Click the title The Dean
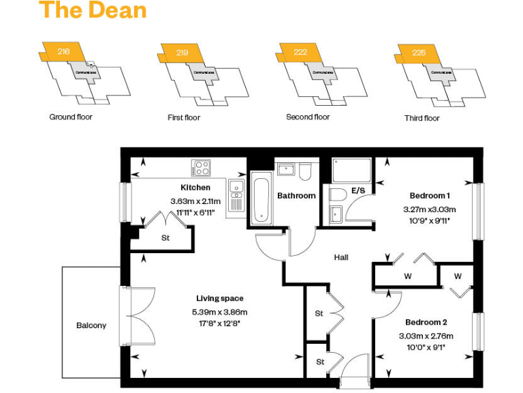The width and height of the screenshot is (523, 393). click(92, 11)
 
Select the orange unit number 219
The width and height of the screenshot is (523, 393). click(182, 53)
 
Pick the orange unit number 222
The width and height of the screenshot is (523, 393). click(300, 52)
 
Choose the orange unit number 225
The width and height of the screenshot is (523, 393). click(419, 53)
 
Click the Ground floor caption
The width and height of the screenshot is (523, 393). click(71, 117)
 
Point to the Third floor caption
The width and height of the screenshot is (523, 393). click(422, 118)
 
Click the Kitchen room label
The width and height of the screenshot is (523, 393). click(195, 188)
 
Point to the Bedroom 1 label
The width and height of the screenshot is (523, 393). click(430, 195)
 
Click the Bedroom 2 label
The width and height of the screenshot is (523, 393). click(426, 322)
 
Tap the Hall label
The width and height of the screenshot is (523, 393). click(341, 257)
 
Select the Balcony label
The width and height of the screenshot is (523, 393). click(91, 325)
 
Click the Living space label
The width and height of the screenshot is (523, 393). click(220, 298)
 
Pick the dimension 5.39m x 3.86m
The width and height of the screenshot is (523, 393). click(219, 312)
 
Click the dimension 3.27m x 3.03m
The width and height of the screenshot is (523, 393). click(429, 209)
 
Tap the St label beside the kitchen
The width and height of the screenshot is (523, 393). click(165, 238)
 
